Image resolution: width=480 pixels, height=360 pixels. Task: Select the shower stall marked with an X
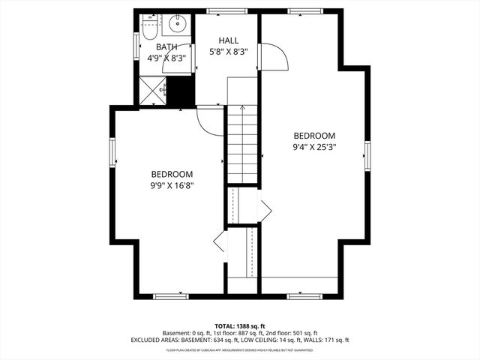click(x=152, y=92)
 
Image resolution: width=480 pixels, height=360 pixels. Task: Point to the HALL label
click(x=229, y=40)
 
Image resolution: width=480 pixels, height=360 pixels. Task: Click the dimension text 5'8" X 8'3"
click(x=229, y=52)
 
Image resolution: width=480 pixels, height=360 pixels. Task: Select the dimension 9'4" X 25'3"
click(x=315, y=147)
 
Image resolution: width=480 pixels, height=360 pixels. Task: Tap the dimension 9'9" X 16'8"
click(x=172, y=184)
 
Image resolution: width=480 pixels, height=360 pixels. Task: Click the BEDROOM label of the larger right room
click(x=315, y=135)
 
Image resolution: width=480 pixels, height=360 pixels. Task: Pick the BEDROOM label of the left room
click(x=172, y=173)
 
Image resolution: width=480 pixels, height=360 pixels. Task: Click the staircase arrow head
click(x=243, y=109)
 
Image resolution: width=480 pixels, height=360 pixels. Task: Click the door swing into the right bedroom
click(x=274, y=58)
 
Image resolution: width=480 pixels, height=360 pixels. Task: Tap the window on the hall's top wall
click(x=218, y=10)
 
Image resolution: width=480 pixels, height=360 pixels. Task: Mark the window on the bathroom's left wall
click(x=136, y=45)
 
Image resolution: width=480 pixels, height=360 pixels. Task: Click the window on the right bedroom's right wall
click(x=367, y=155)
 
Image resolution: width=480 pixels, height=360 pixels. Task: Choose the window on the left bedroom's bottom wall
click(x=171, y=295)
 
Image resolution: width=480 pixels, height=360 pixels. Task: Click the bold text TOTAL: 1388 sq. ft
click(x=240, y=325)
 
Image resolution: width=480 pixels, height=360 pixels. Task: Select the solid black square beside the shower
click(x=181, y=92)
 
